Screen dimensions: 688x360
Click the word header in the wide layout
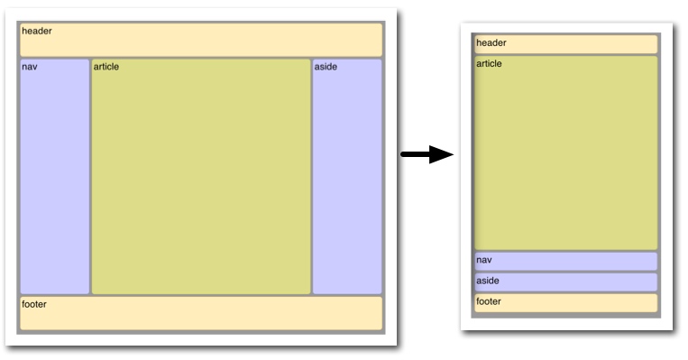pos(37,32)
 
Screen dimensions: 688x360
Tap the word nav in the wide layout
pos(30,67)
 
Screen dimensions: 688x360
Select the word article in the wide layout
pos(106,67)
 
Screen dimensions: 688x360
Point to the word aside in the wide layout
pos(326,67)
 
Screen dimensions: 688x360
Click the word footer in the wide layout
pos(34,304)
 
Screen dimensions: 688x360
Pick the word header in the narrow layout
pos(491,43)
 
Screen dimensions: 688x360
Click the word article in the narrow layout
pos(490,64)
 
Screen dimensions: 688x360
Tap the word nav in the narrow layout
pos(484,260)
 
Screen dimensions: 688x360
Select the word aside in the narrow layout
pos(488,281)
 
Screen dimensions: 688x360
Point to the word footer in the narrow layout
pos(489,301)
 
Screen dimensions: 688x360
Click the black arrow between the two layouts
pos(427,154)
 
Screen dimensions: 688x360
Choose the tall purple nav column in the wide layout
pos(55,177)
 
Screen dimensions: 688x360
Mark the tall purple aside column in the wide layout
pos(347,177)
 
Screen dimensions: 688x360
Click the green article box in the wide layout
pos(201,177)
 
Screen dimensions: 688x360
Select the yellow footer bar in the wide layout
pos(201,313)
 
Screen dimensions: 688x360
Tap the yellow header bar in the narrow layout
pos(566,44)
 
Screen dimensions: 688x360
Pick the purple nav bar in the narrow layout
pos(566,262)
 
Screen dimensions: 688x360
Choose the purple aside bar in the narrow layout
pos(566,282)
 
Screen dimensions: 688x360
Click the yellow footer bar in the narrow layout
pos(566,303)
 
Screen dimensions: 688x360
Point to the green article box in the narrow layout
pos(566,152)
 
